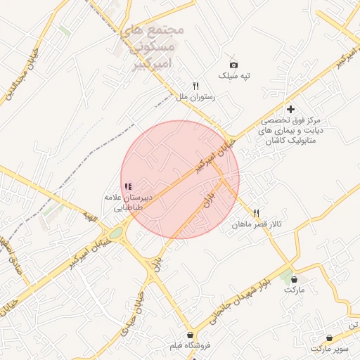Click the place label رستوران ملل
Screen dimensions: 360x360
196,97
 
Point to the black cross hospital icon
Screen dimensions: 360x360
290,109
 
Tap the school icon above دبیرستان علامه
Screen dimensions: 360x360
128,186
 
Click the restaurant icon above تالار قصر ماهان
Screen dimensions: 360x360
256,212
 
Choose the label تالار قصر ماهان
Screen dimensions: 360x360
257,224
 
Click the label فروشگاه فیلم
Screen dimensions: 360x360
191,347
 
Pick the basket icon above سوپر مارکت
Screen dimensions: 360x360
329,337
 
